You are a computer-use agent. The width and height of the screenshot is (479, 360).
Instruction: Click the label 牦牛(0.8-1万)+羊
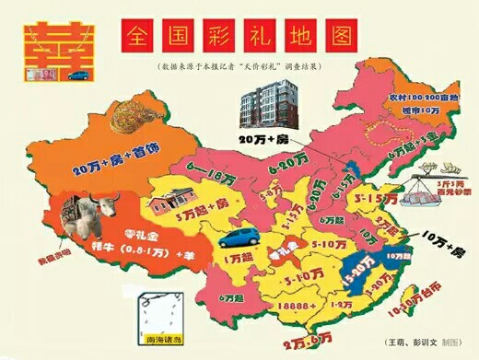coord(121,250)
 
